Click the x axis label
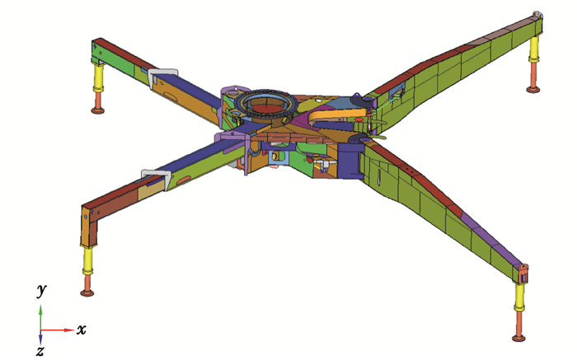coord(82,330)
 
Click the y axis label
coord(41,290)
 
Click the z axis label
coord(40,351)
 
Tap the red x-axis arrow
coord(58,330)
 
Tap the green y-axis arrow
coord(41,317)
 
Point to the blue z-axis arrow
coord(40,338)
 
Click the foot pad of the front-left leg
coord(87,292)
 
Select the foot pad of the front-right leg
coord(518,338)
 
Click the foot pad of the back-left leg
coord(97,110)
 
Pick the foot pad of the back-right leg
coord(532,89)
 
